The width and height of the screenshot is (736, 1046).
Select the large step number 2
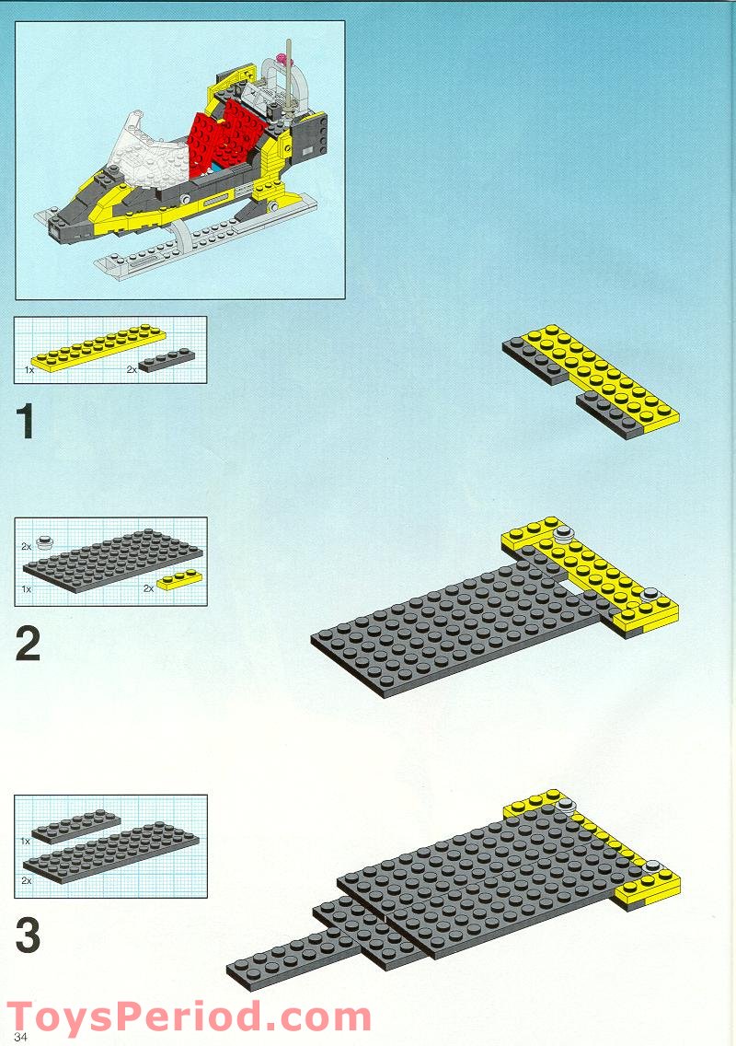coord(28,644)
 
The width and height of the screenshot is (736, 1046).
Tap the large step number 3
coord(28,936)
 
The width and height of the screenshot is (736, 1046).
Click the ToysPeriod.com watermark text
coord(189,1017)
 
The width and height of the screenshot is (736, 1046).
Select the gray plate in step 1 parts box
coord(167,360)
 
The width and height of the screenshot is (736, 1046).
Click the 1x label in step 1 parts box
coord(30,368)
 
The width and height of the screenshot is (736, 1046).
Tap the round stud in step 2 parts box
coord(44,541)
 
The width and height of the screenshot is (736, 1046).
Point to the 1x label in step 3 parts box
coord(27,841)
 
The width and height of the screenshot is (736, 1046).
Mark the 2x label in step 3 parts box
coord(27,881)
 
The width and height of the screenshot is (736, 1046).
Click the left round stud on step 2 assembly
coord(561,532)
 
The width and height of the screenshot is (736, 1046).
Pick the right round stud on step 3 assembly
coord(652,866)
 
